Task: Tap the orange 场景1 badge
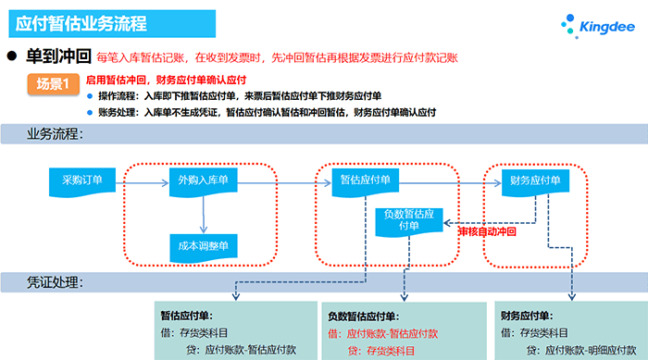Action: (x=53, y=84)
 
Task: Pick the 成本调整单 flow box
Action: (x=203, y=245)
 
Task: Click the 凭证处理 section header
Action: (x=56, y=281)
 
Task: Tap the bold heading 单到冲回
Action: (x=57, y=55)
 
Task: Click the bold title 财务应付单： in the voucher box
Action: (x=529, y=315)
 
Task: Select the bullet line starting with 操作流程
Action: (x=240, y=96)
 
